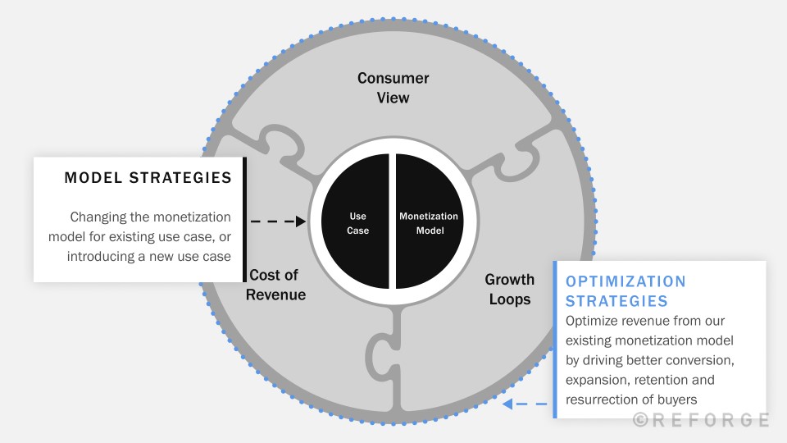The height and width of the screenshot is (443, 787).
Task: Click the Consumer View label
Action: click(393, 88)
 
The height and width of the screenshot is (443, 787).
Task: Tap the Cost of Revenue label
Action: click(276, 285)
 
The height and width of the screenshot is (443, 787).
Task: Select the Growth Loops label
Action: click(510, 290)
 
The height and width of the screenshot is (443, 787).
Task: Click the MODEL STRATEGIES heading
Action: click(148, 178)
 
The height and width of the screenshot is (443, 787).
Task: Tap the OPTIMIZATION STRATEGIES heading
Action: click(626, 290)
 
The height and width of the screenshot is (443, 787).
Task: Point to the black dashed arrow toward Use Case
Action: click(278, 221)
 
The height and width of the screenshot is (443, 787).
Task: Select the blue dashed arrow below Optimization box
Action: click(525, 404)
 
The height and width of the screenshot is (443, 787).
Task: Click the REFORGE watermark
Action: click(700, 420)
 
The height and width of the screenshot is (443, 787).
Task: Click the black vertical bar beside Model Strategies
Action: click(244, 219)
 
